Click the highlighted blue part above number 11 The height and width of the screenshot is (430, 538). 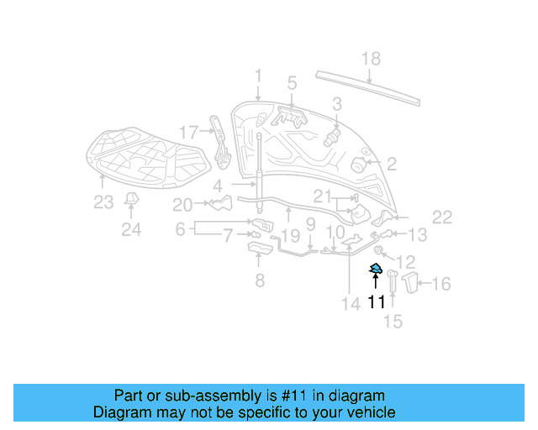pyautogui.click(x=376, y=268)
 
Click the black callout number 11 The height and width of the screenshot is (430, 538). pyautogui.click(x=375, y=302)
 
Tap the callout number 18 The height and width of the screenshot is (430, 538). pyautogui.click(x=371, y=59)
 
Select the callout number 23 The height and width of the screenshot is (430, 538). pyautogui.click(x=103, y=202)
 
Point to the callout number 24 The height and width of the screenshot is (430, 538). pyautogui.click(x=131, y=229)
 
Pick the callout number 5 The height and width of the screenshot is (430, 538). pyautogui.click(x=292, y=83)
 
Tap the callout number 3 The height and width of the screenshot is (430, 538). pyautogui.click(x=336, y=104)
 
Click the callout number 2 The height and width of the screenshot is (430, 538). pyautogui.click(x=391, y=164)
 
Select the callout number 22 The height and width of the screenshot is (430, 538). pyautogui.click(x=442, y=217)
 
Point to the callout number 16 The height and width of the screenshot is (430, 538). pyautogui.click(x=440, y=284)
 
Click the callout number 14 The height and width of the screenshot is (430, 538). pyautogui.click(x=349, y=304)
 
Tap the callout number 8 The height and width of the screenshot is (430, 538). pyautogui.click(x=259, y=281)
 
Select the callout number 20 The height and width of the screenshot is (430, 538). pyautogui.click(x=182, y=204)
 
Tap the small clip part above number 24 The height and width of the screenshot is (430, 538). pyautogui.click(x=131, y=198)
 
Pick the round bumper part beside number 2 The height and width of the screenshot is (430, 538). pyautogui.click(x=359, y=164)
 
